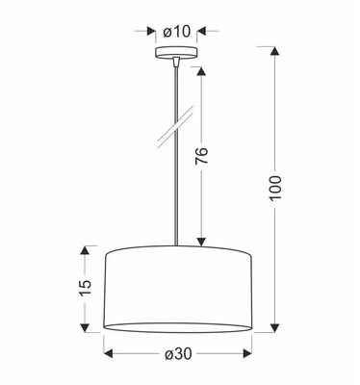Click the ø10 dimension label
(177, 32)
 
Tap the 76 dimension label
(202, 156)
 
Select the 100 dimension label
(275, 188)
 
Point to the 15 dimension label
(85, 287)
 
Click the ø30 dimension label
(178, 354)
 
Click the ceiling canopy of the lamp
(176, 53)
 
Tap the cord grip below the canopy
(175, 62)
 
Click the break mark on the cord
(175, 127)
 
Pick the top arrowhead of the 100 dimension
(274, 52)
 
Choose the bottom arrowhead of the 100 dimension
(274, 327)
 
